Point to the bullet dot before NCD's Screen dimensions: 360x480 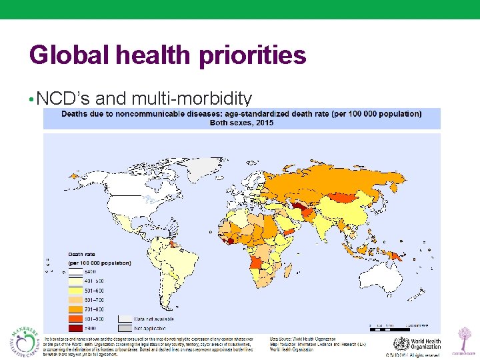(x=32, y=100)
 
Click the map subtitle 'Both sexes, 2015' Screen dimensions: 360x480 (x=241, y=123)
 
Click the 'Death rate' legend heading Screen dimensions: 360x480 (x=82, y=254)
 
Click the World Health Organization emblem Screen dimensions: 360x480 (x=401, y=345)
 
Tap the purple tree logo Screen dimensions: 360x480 (x=461, y=338)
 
